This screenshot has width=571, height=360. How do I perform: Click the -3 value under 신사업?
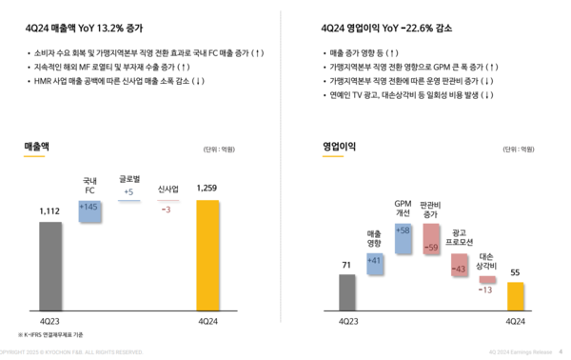(167, 209)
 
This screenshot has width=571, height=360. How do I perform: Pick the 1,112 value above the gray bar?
(50, 210)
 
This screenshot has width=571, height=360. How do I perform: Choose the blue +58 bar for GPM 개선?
(403, 237)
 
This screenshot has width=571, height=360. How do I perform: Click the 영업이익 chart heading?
(341, 146)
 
